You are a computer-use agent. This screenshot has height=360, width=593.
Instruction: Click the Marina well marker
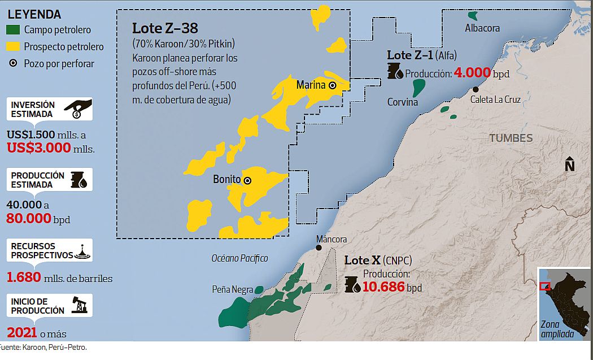(x=332, y=85)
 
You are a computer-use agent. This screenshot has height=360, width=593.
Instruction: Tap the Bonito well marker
(x=247, y=180)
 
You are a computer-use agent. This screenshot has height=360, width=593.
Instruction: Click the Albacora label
(x=482, y=28)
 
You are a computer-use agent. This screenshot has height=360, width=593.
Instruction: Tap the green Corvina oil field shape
(x=418, y=87)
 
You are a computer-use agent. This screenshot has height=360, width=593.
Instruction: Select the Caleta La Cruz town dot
(x=476, y=89)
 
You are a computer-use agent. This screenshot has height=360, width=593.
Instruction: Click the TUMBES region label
(x=511, y=138)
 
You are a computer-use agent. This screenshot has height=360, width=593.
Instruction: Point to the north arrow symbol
(x=570, y=164)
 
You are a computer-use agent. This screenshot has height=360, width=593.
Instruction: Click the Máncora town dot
(x=320, y=248)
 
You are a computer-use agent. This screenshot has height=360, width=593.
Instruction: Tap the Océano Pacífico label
(x=239, y=258)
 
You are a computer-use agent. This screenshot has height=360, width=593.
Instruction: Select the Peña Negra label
(x=232, y=289)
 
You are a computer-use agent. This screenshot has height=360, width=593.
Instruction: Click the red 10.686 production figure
(x=383, y=287)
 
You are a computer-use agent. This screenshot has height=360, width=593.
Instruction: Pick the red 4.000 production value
(x=472, y=73)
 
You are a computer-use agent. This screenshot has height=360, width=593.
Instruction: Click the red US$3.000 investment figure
(x=39, y=148)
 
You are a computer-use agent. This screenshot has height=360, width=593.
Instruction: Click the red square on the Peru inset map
(x=545, y=286)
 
